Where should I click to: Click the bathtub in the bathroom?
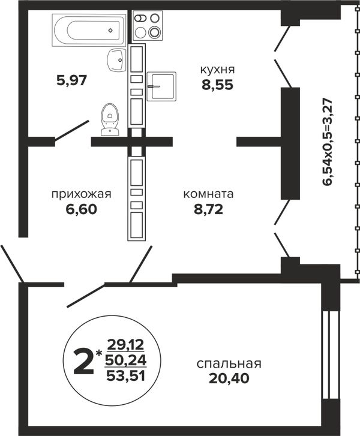pyautogui.click(x=89, y=30)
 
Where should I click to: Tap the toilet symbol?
pyautogui.click(x=110, y=119)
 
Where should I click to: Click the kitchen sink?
pyautogui.click(x=161, y=86)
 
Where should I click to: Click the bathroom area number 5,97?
pyautogui.click(x=72, y=80)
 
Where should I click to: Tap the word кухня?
pyautogui.click(x=218, y=70)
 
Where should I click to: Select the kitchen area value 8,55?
pyautogui.click(x=217, y=85)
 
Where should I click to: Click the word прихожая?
pyautogui.click(x=81, y=194)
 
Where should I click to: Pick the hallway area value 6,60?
pyautogui.click(x=82, y=209)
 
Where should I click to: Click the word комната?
pyautogui.click(x=208, y=194)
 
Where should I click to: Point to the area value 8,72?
pyautogui.click(x=209, y=209)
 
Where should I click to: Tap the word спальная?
pyautogui.click(x=229, y=364)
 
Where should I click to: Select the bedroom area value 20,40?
pyautogui.click(x=229, y=378)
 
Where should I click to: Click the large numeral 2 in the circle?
pyautogui.click(x=83, y=362)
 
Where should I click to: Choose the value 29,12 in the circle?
pyautogui.click(x=126, y=345)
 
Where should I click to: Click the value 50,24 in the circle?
pyautogui.click(x=126, y=360)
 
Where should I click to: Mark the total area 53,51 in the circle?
pyautogui.click(x=126, y=377)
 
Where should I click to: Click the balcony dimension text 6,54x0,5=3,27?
pyautogui.click(x=328, y=142)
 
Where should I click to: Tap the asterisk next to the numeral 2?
pyautogui.click(x=98, y=353)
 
